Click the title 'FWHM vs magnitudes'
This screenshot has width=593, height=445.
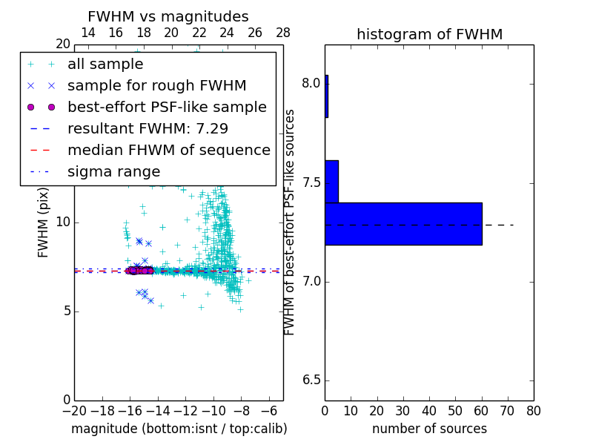click(168, 16)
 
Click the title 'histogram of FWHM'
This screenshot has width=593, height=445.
click(429, 34)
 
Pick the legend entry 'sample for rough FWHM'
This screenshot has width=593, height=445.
click(156, 86)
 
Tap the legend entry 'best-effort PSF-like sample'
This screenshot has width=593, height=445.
click(167, 108)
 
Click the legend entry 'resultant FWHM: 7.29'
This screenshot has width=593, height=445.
click(148, 129)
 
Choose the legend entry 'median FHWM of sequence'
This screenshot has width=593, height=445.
click(168, 151)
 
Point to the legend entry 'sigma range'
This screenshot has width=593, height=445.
click(113, 172)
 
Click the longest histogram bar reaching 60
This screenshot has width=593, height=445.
click(403, 223)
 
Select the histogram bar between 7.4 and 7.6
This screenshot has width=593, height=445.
click(331, 181)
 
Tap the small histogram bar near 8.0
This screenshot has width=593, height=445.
click(326, 96)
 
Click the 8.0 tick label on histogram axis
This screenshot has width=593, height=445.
click(311, 83)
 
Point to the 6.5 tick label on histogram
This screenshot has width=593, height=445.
click(311, 380)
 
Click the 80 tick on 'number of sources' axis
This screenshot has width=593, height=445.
click(533, 411)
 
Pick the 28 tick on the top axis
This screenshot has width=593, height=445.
click(282, 33)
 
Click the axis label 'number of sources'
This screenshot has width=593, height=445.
click(429, 429)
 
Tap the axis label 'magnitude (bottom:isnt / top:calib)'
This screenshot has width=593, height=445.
click(179, 429)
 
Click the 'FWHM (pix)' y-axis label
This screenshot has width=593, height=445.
click(44, 222)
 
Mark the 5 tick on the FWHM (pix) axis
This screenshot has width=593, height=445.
click(64, 311)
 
